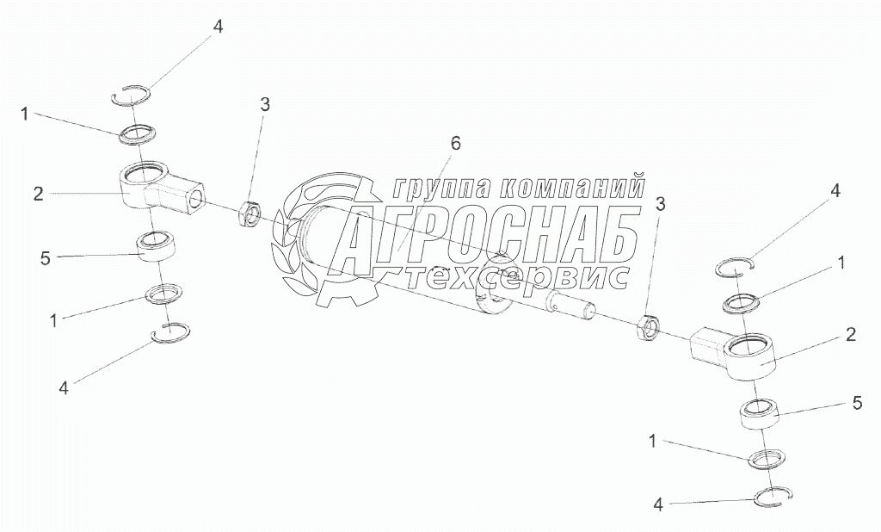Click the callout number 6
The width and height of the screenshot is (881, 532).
[455, 144]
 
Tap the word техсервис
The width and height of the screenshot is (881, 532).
[515, 277]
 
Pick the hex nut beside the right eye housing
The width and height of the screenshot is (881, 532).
[650, 328]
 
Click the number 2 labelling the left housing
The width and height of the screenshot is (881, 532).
[39, 194]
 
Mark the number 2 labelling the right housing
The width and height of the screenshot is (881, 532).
[850, 336]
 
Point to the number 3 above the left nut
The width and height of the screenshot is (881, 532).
[265, 105]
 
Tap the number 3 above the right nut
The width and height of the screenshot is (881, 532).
[661, 204]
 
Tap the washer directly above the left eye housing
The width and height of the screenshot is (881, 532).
[138, 133]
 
